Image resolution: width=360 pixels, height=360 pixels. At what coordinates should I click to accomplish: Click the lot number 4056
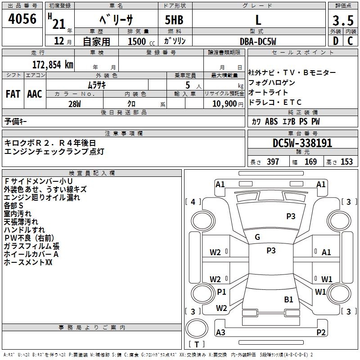pyautogui.click(x=22, y=19)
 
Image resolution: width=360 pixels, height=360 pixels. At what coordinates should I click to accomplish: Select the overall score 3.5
pyautogui.click(x=342, y=21)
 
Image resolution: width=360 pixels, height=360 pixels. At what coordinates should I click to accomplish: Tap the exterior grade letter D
pyautogui.click(x=335, y=40)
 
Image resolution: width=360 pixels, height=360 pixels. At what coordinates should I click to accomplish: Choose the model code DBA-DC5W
pyautogui.click(x=258, y=41)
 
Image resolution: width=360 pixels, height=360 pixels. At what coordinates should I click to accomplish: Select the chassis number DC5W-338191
pyautogui.click(x=302, y=143)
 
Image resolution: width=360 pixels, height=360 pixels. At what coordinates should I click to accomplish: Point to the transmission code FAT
pyautogui.click(x=13, y=94)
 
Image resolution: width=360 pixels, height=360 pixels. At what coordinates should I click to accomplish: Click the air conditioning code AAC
pyautogui.click(x=35, y=94)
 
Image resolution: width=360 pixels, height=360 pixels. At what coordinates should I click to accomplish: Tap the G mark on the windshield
pyautogui.click(x=257, y=237)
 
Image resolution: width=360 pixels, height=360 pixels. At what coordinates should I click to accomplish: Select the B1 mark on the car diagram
pyautogui.click(x=288, y=299)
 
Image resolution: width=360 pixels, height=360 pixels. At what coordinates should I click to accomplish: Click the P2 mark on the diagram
pyautogui.click(x=321, y=333)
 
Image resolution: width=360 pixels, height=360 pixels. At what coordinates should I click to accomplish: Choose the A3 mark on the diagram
pyautogui.click(x=220, y=333)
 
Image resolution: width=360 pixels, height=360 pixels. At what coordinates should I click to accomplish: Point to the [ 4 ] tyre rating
pyautogui.click(x=193, y=202)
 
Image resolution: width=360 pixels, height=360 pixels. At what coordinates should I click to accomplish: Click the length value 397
pyautogui.click(x=273, y=162)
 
